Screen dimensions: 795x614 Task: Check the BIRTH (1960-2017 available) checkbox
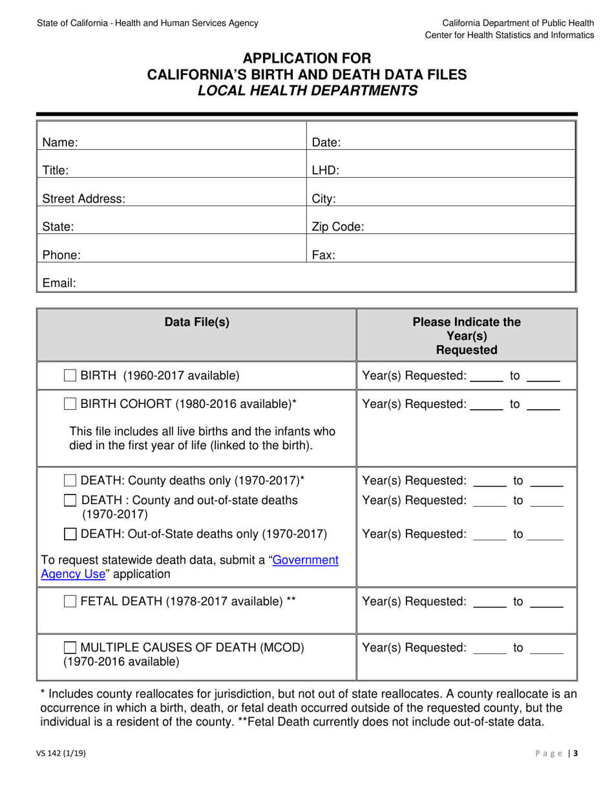(x=70, y=376)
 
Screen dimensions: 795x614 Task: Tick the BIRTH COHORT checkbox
(x=70, y=405)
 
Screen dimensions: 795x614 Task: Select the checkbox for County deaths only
(x=70, y=481)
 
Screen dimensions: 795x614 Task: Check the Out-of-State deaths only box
(x=70, y=535)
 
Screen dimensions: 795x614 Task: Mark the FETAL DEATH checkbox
(x=70, y=602)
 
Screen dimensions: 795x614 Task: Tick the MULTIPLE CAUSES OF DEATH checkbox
(x=70, y=648)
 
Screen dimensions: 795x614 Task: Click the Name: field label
(x=60, y=143)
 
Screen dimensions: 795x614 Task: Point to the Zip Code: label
(x=338, y=227)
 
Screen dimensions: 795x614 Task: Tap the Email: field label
(x=59, y=283)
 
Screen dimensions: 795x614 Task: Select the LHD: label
(x=325, y=171)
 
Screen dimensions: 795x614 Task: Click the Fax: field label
(x=323, y=255)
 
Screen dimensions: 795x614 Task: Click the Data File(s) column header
(x=196, y=322)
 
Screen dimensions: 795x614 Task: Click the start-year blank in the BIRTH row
(x=486, y=376)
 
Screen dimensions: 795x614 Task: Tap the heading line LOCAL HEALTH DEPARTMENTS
(x=307, y=91)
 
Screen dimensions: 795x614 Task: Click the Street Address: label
(x=83, y=199)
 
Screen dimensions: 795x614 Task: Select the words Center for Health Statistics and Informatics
(x=509, y=35)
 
